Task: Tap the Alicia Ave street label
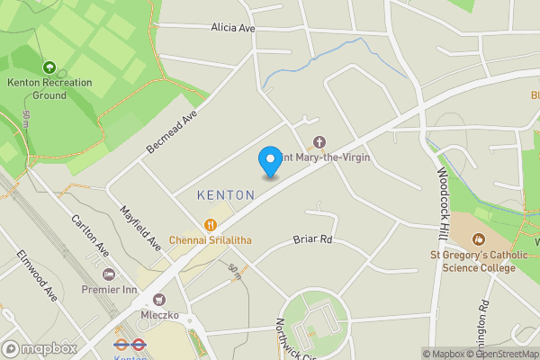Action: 233,28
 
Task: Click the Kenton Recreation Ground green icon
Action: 49,67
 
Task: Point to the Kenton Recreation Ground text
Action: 49,88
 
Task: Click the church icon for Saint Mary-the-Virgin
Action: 318,142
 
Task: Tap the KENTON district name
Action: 219,194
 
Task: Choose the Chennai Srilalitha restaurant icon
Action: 210,225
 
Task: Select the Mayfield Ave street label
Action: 140,229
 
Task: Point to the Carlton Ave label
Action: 90,235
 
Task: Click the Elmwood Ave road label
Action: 37,274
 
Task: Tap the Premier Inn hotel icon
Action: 109,274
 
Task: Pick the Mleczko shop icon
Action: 160,301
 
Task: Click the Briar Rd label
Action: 313,240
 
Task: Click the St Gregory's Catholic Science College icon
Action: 479,239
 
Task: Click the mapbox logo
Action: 39,348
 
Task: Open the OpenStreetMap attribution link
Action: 500,354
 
